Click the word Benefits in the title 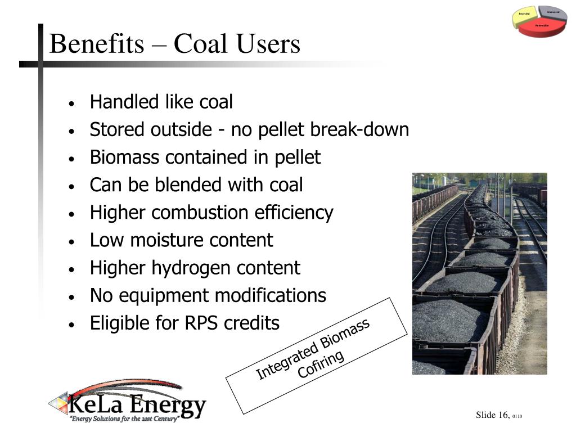pos(96,44)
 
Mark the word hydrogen pos(192,268)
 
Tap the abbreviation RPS pos(200,323)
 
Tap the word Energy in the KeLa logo pos(169,405)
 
